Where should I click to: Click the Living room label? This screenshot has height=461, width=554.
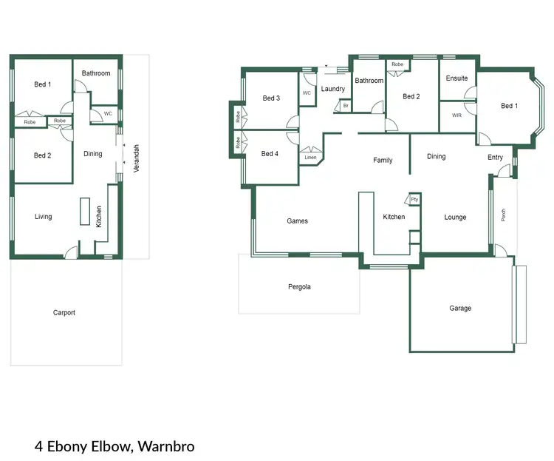click(44, 217)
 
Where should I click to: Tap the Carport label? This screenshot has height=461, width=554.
click(64, 312)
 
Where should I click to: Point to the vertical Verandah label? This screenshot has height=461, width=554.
click(136, 158)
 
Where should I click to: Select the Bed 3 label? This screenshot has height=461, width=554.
click(271, 98)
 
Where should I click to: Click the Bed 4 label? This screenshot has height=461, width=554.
click(270, 154)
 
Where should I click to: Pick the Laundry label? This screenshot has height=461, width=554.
click(333, 89)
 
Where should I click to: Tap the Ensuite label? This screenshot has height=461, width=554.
click(456, 78)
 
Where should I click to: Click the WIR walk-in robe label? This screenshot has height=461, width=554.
click(456, 115)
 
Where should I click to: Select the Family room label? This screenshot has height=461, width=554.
click(383, 160)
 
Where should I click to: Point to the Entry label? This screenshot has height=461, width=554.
click(495, 157)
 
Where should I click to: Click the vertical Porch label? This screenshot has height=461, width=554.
click(504, 215)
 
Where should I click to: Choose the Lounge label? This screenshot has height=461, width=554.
click(455, 217)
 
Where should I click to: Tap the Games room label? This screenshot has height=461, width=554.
click(297, 221)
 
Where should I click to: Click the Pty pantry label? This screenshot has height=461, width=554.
click(414, 199)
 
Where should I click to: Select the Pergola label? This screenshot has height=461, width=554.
click(299, 286)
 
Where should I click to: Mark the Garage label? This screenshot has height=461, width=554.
click(460, 308)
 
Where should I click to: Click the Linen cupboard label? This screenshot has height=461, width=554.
click(310, 157)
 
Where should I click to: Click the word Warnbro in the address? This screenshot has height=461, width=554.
click(165, 446)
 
